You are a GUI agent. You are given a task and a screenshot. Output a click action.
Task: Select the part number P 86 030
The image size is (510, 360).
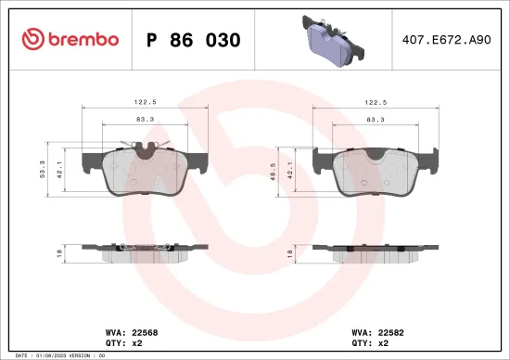point(194,40)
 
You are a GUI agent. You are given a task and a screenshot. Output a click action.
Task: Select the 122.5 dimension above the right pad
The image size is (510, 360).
point(375,104)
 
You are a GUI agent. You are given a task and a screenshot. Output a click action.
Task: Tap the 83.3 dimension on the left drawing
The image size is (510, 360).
point(143,119)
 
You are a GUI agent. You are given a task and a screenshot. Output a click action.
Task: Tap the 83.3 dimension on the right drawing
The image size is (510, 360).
point(375,119)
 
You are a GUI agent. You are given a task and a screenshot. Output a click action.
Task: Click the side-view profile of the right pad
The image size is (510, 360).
point(375,251)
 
